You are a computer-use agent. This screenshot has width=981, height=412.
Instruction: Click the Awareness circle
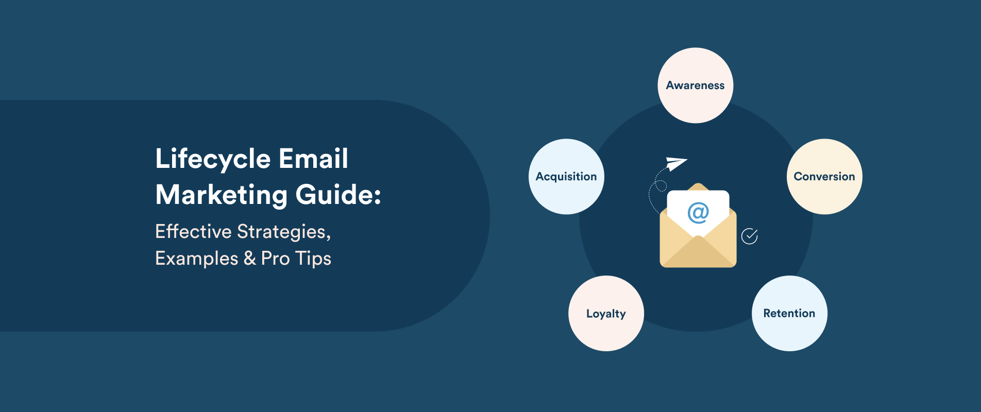tap(695, 85)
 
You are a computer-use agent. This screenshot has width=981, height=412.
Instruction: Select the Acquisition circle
tap(566, 177)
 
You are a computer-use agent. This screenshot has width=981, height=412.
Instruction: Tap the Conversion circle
tap(824, 177)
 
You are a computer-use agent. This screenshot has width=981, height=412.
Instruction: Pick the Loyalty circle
tap(606, 314)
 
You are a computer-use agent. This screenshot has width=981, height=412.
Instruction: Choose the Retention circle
tap(789, 314)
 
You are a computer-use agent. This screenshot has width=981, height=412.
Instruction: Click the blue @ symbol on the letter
tap(698, 212)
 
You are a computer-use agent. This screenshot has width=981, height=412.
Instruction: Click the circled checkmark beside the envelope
tap(749, 236)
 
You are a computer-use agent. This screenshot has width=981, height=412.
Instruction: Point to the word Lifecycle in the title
tap(213, 159)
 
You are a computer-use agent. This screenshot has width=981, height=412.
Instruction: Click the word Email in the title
tap(313, 159)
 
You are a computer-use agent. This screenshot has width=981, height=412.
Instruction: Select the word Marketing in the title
tap(221, 195)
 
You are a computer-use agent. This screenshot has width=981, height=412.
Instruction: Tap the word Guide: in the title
tap(338, 195)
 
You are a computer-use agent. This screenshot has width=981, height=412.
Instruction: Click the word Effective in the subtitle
tap(193, 232)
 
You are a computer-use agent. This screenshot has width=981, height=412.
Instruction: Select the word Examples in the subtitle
tap(196, 259)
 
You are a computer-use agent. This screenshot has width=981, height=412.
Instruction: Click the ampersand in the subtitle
tap(250, 259)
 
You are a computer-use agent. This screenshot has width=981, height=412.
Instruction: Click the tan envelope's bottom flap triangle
tap(698, 255)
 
